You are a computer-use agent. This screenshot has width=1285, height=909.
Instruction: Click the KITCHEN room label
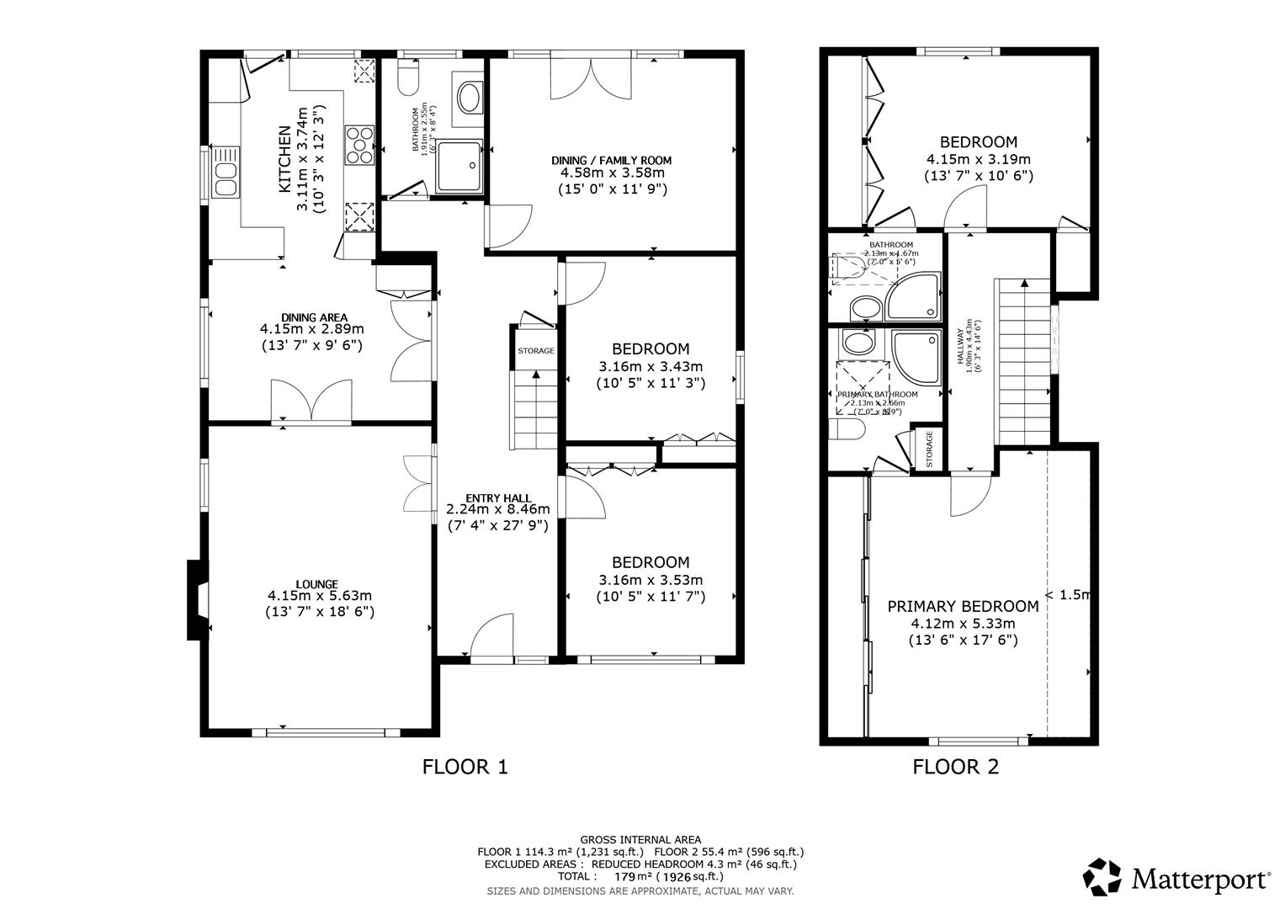[x=284, y=158]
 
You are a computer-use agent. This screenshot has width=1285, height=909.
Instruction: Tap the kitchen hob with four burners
[x=359, y=143]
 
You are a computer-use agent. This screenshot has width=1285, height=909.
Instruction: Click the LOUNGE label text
[x=316, y=584]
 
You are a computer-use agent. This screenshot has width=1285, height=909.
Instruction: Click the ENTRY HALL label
[x=497, y=497]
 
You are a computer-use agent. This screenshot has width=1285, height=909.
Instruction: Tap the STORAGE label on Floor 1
[x=536, y=351]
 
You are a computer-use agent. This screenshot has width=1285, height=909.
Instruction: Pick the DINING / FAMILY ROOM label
[x=612, y=160]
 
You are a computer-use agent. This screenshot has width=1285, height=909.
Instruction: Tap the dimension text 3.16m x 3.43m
[x=650, y=366]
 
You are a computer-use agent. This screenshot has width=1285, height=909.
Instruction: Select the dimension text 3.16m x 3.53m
[x=650, y=580]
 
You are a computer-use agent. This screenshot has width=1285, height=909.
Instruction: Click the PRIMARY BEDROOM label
[x=963, y=606]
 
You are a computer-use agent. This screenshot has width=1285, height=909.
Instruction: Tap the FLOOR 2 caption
[x=956, y=767]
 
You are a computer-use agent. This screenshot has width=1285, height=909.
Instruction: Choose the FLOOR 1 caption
[x=465, y=767]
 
